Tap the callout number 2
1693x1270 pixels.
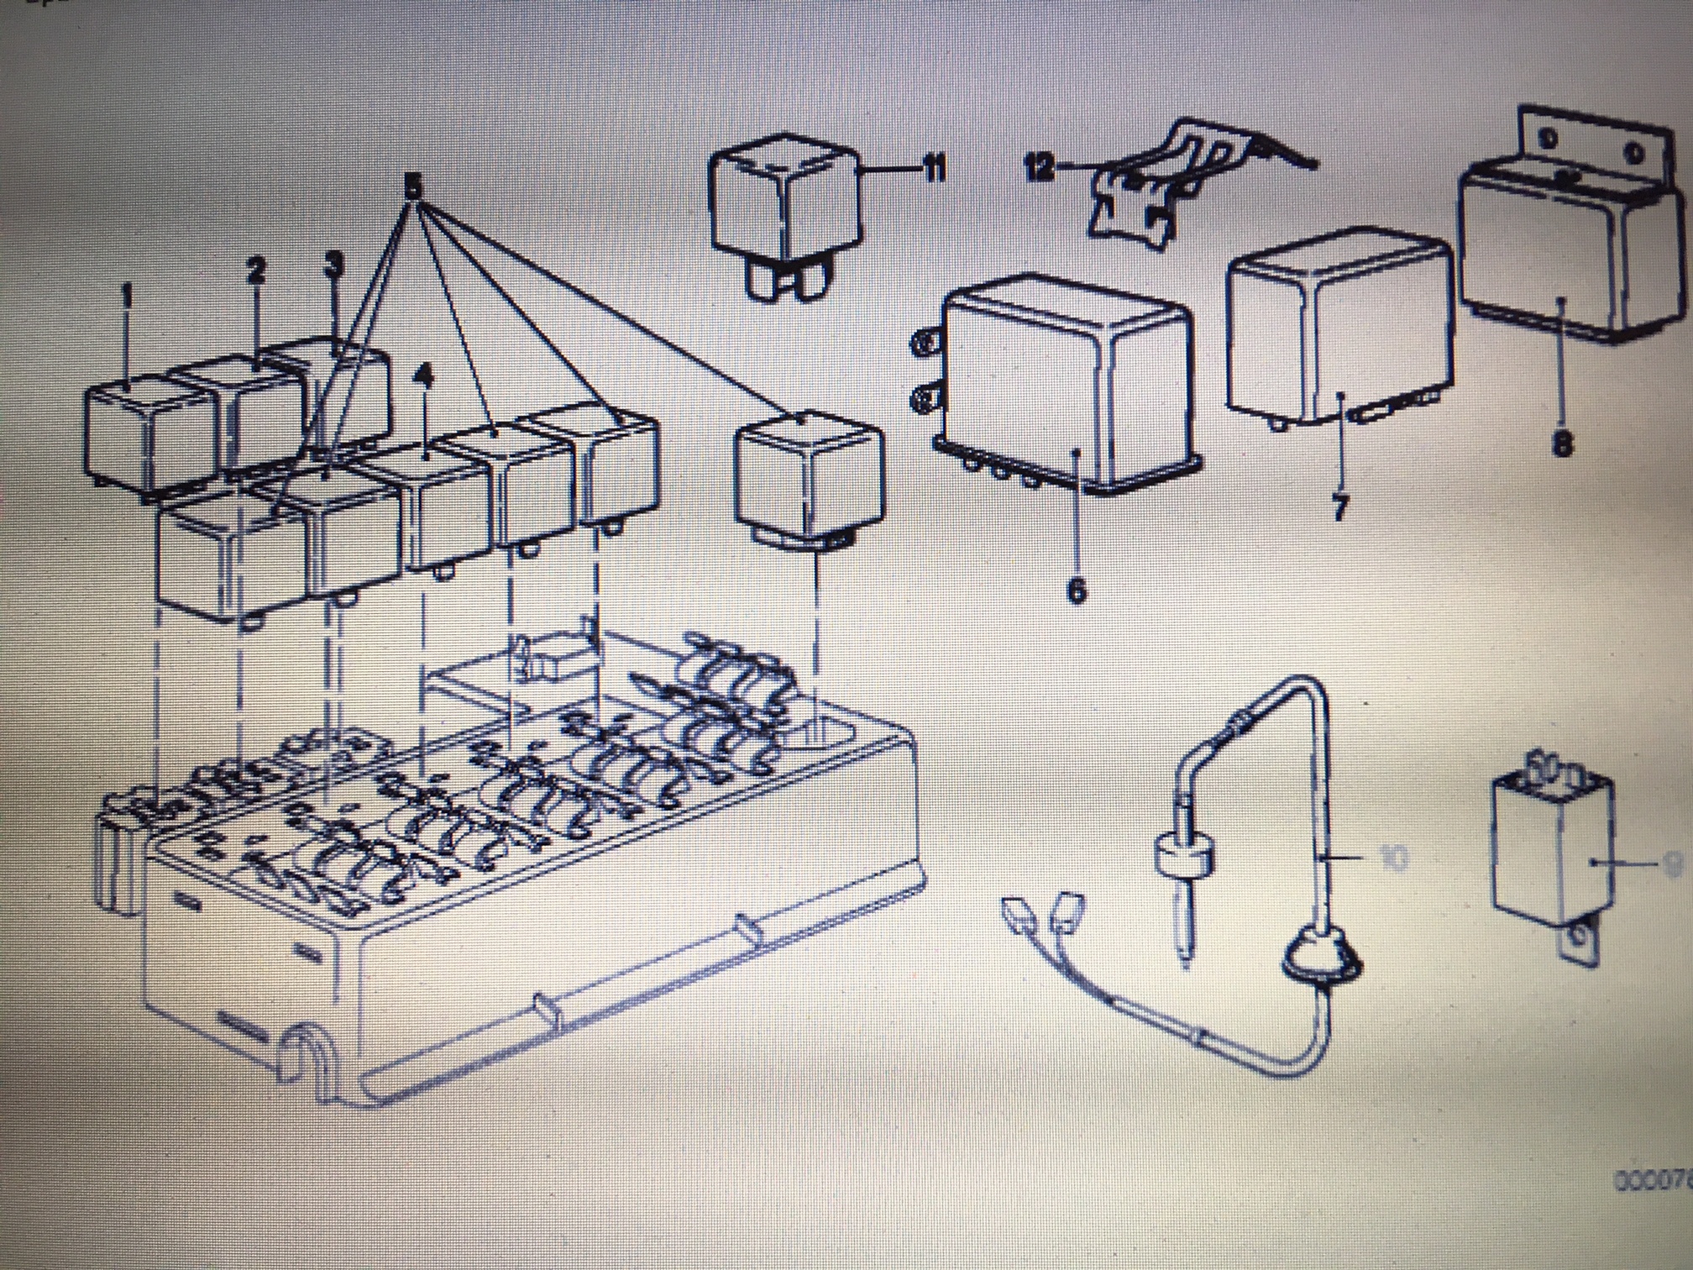point(256,269)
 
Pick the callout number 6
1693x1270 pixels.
point(1076,590)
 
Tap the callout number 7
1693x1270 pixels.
point(1340,506)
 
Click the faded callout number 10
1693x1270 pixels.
point(1396,858)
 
